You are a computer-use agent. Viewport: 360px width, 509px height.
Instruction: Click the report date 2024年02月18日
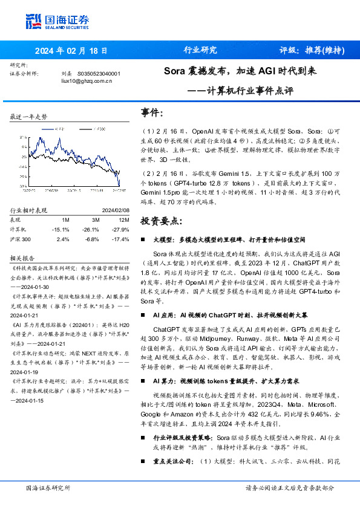point(71,51)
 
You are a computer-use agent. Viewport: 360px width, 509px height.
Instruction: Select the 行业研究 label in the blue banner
point(200,51)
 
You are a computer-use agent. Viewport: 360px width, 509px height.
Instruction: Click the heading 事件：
point(152,113)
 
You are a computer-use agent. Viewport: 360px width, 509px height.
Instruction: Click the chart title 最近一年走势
point(28,116)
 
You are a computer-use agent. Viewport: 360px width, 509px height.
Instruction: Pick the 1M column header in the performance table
point(65,220)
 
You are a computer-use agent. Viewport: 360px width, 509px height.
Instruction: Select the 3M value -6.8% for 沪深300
point(92,239)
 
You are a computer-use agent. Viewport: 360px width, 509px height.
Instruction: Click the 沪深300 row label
point(20,239)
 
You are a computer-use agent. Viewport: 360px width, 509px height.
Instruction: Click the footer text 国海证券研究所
point(48,487)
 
